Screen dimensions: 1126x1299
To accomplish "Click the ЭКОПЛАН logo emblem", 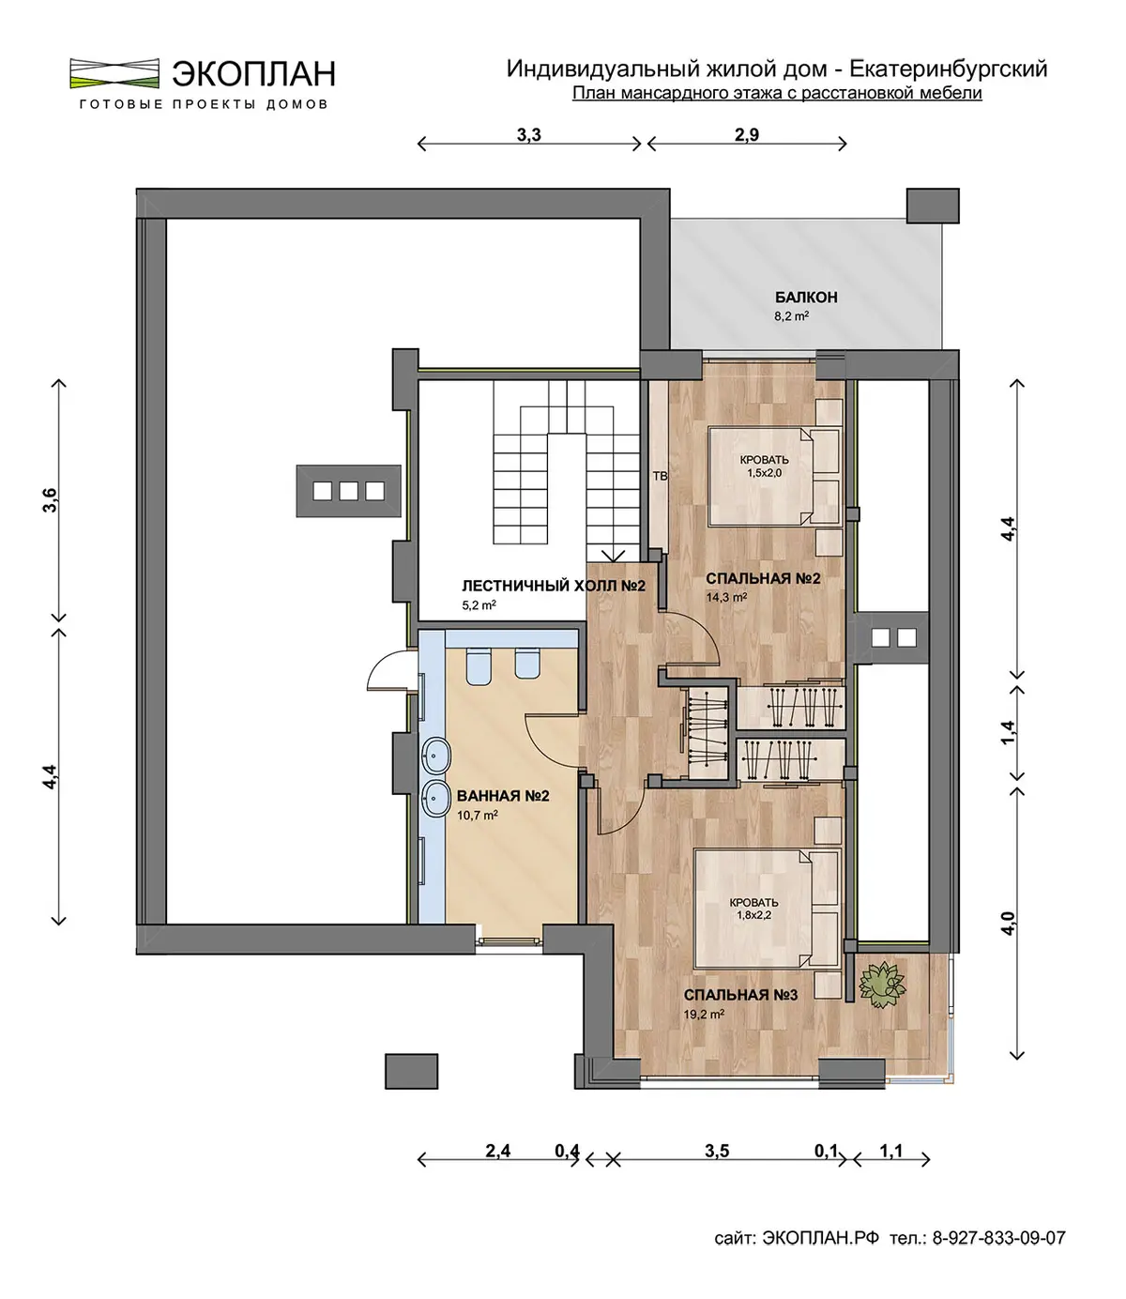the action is pyautogui.click(x=114, y=73).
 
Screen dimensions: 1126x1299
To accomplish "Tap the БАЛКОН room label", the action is pyautogui.click(x=805, y=298).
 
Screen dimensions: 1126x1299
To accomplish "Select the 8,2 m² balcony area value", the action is pyautogui.click(x=791, y=316).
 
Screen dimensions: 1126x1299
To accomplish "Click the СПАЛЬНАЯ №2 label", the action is pyautogui.click(x=763, y=579).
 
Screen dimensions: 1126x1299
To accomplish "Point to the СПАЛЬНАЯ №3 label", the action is pyautogui.click(x=741, y=995).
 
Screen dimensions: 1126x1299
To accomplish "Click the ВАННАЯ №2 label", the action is pyautogui.click(x=503, y=796).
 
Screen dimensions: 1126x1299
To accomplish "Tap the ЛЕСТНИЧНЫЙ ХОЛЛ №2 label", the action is pyautogui.click(x=554, y=587).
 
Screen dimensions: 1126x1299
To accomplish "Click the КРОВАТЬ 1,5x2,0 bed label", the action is pyautogui.click(x=764, y=466).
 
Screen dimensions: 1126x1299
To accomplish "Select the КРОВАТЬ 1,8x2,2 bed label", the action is pyautogui.click(x=754, y=909).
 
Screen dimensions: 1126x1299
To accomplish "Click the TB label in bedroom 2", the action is pyautogui.click(x=660, y=477).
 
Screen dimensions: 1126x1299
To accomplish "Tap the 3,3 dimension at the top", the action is pyautogui.click(x=529, y=134).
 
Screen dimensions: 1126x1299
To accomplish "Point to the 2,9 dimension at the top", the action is pyautogui.click(x=747, y=134).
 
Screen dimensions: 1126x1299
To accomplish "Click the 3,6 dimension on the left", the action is pyautogui.click(x=50, y=500).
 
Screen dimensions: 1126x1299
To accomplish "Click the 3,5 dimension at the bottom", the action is pyautogui.click(x=717, y=1151).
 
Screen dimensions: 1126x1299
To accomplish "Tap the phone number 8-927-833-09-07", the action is pyautogui.click(x=999, y=1238).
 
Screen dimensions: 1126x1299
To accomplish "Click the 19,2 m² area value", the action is pyautogui.click(x=704, y=1014).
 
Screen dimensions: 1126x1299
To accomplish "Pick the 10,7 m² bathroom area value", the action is pyautogui.click(x=478, y=815).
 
